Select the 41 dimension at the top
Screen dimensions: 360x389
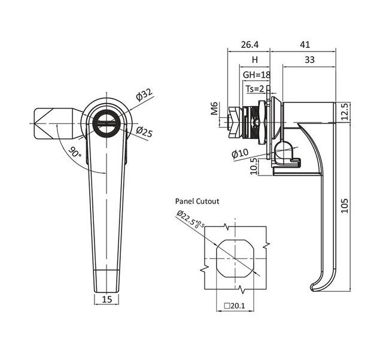(x=305, y=44)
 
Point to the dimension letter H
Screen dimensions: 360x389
(x=254, y=60)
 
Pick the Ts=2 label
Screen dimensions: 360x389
(x=255, y=89)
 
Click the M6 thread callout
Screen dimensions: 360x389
(x=214, y=108)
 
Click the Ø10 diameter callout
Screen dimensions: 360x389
(x=239, y=153)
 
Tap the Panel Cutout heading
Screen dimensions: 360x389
(x=197, y=201)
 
